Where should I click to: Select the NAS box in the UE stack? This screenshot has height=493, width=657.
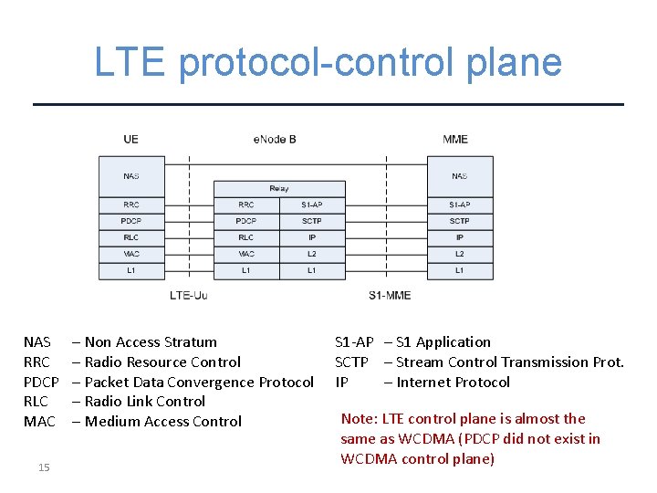(x=131, y=175)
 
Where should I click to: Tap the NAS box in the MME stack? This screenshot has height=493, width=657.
(x=459, y=175)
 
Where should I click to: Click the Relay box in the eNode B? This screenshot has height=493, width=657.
(x=279, y=189)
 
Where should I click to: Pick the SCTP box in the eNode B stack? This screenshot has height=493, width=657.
(x=312, y=221)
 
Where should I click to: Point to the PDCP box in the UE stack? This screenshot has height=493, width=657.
(x=131, y=221)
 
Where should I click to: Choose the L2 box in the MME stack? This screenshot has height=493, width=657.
(x=459, y=254)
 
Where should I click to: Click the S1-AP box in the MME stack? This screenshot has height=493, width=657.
(x=459, y=205)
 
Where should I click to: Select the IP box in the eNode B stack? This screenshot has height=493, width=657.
(x=312, y=237)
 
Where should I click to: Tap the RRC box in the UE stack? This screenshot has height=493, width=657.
(x=131, y=205)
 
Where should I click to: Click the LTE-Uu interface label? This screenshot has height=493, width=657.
(x=189, y=295)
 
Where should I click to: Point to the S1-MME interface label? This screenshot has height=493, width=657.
(x=390, y=295)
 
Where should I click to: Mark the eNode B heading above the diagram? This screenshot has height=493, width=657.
(x=275, y=140)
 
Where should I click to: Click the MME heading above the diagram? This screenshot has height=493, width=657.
(x=455, y=140)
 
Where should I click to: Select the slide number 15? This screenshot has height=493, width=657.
(x=44, y=468)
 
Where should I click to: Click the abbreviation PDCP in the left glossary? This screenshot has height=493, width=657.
(x=41, y=383)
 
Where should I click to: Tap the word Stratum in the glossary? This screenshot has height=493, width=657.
(x=191, y=342)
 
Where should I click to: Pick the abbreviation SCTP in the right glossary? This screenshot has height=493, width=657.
(x=351, y=362)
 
